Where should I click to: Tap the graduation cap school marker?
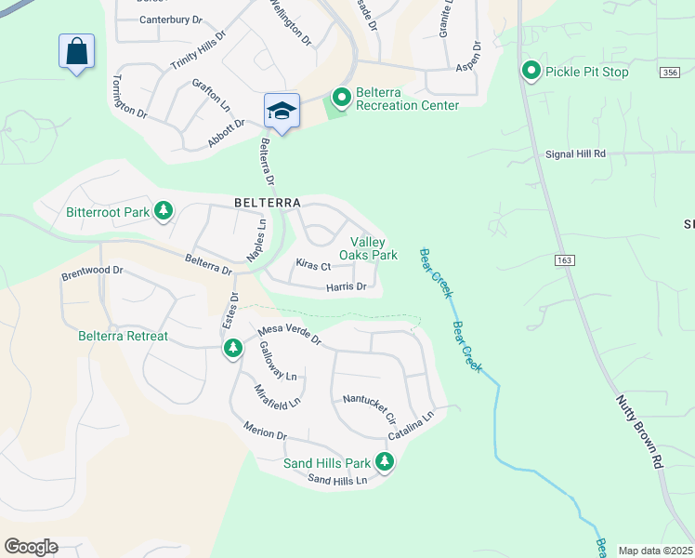point(282,112)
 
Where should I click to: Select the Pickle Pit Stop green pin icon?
point(531,72)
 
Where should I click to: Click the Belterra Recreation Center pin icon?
point(341,96)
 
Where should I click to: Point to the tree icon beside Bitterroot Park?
point(164,211)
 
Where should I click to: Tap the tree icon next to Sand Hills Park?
point(384,462)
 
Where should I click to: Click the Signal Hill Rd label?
point(575,153)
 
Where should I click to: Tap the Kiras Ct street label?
point(313,265)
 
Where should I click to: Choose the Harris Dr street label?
point(347,287)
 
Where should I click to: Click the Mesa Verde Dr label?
point(289,334)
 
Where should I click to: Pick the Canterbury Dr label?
point(170,20)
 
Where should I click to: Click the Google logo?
point(31,547)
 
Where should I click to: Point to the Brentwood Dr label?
point(92,272)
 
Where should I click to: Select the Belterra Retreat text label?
point(124,336)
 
